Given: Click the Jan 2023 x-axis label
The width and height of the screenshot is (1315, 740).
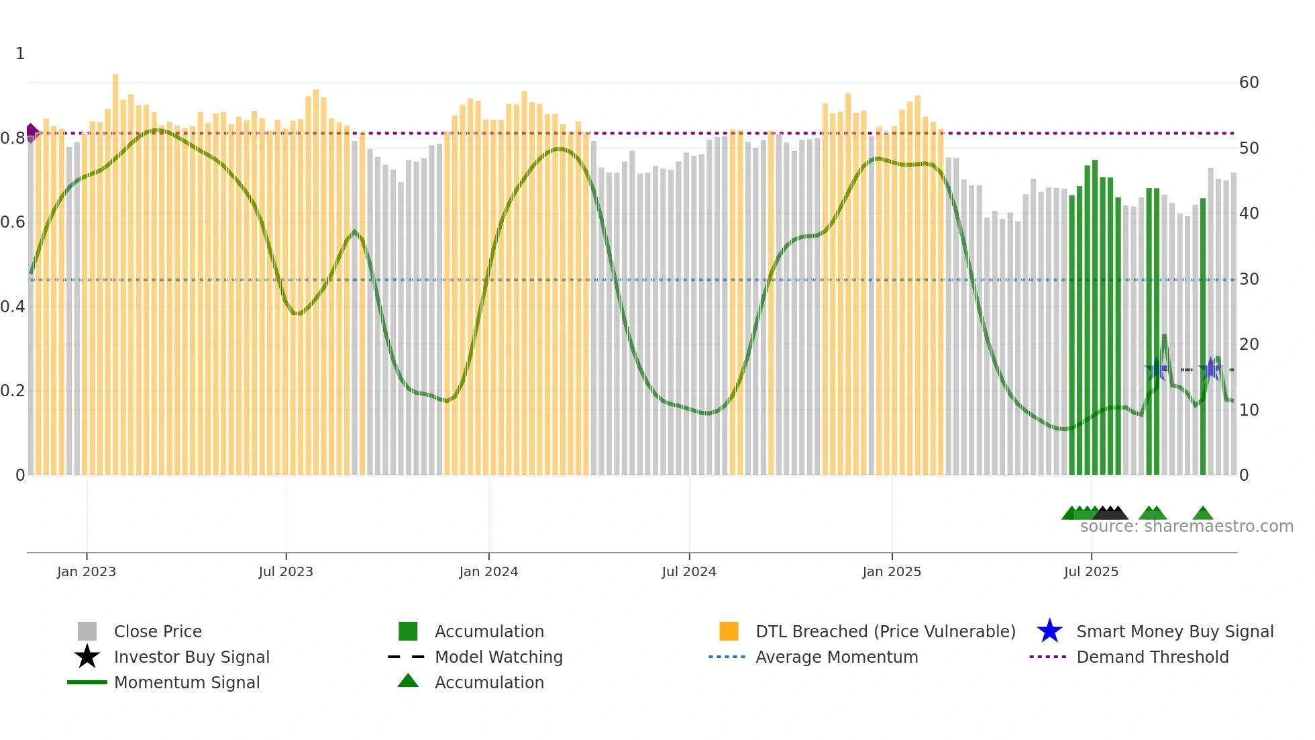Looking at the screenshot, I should [x=87, y=571].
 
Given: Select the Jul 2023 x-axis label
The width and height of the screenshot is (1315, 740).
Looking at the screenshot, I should [x=286, y=571].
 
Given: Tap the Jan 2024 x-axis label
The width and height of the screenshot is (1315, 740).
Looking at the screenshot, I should [x=488, y=571].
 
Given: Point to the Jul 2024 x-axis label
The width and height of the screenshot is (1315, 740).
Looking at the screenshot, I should [x=689, y=571].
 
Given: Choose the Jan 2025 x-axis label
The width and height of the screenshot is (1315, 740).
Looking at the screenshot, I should [x=892, y=571].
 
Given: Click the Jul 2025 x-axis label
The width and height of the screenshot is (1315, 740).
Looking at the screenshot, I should [x=1091, y=571].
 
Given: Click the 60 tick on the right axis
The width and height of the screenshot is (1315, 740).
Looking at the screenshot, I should [x=1249, y=83].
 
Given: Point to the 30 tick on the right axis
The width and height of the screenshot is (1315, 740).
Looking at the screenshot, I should [x=1249, y=279].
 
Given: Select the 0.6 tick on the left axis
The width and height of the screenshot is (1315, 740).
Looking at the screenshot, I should [x=13, y=222].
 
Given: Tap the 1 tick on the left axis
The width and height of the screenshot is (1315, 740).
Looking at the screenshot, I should [x=20, y=54].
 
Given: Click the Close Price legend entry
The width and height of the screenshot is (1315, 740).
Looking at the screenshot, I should [x=158, y=631].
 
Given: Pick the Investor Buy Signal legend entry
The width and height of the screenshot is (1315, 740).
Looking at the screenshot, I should [x=191, y=657].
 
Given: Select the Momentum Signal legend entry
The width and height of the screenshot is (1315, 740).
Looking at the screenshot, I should [x=187, y=682].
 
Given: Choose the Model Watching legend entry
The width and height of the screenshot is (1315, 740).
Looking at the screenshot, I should [x=498, y=657].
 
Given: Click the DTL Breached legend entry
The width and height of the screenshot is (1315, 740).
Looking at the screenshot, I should [x=885, y=631].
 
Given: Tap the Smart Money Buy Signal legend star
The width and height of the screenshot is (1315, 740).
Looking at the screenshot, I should [x=1049, y=631].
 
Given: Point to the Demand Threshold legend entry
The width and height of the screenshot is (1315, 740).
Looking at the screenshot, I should [x=1152, y=657].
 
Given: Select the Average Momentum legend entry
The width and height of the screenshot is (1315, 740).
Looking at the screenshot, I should [x=837, y=657].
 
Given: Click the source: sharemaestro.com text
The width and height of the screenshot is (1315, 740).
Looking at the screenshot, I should [x=1186, y=526].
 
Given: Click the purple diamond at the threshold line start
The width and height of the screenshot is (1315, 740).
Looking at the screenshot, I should [x=32, y=132].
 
